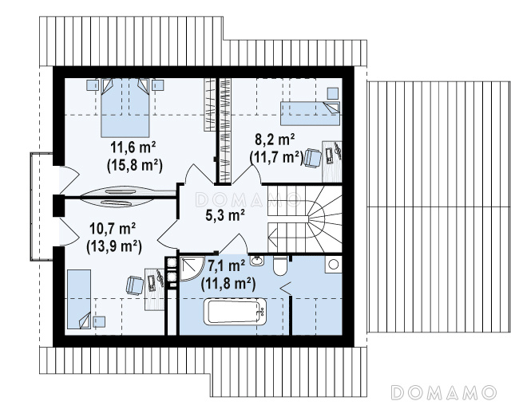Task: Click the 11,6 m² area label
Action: click(133, 147)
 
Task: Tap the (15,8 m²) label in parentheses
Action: click(135, 165)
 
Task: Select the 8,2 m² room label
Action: click(275, 140)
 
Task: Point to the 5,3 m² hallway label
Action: click(225, 214)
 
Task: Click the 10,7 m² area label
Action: click(113, 229)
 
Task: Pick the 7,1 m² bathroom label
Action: click(226, 266)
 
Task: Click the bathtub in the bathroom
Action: click(236, 313)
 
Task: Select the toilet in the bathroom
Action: click(279, 265)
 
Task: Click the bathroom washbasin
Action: click(257, 261)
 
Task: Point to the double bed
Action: click(125, 108)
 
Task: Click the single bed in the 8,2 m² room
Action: click(311, 113)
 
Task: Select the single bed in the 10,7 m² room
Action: click(79, 299)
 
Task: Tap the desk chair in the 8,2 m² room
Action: click(313, 158)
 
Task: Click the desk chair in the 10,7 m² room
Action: click(135, 285)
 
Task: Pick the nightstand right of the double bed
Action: click(158, 85)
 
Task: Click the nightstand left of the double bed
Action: click(93, 85)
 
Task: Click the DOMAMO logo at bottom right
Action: click(444, 392)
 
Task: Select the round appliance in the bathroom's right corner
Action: click(334, 264)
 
